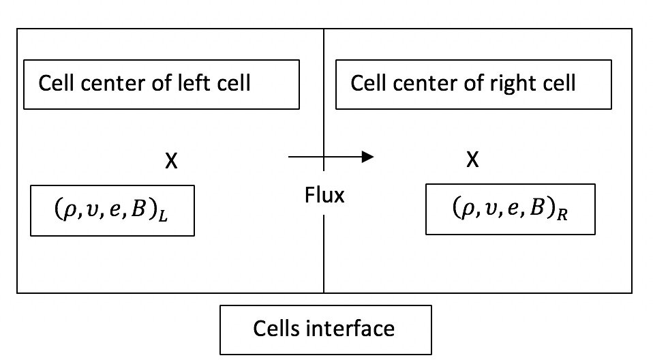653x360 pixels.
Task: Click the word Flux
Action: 324,196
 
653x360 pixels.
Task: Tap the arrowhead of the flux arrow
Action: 368,157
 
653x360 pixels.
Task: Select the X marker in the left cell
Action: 172,161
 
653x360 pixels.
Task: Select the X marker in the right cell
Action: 472,160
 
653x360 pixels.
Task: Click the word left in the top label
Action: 190,83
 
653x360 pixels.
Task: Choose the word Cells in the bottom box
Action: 276,328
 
